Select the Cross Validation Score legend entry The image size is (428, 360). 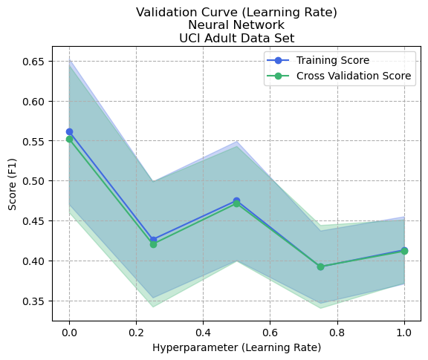(x=353, y=76)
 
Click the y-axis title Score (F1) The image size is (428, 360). (x=13, y=183)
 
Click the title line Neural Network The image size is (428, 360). (x=236, y=26)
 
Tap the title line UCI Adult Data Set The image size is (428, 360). (x=236, y=39)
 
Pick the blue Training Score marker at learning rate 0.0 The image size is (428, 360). (x=69, y=131)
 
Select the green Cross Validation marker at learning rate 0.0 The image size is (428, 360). (x=69, y=139)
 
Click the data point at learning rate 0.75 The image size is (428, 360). (x=320, y=266)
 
